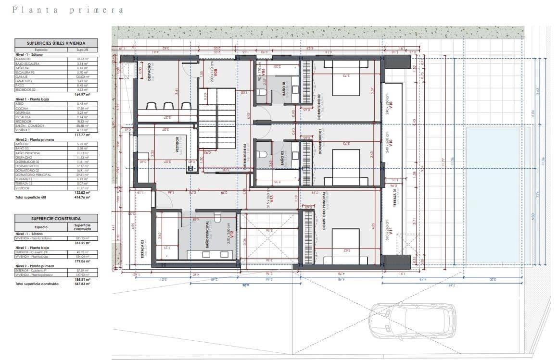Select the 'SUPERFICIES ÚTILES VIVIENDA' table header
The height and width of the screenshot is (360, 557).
[56, 43]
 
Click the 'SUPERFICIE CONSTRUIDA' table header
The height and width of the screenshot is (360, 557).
[56, 218]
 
